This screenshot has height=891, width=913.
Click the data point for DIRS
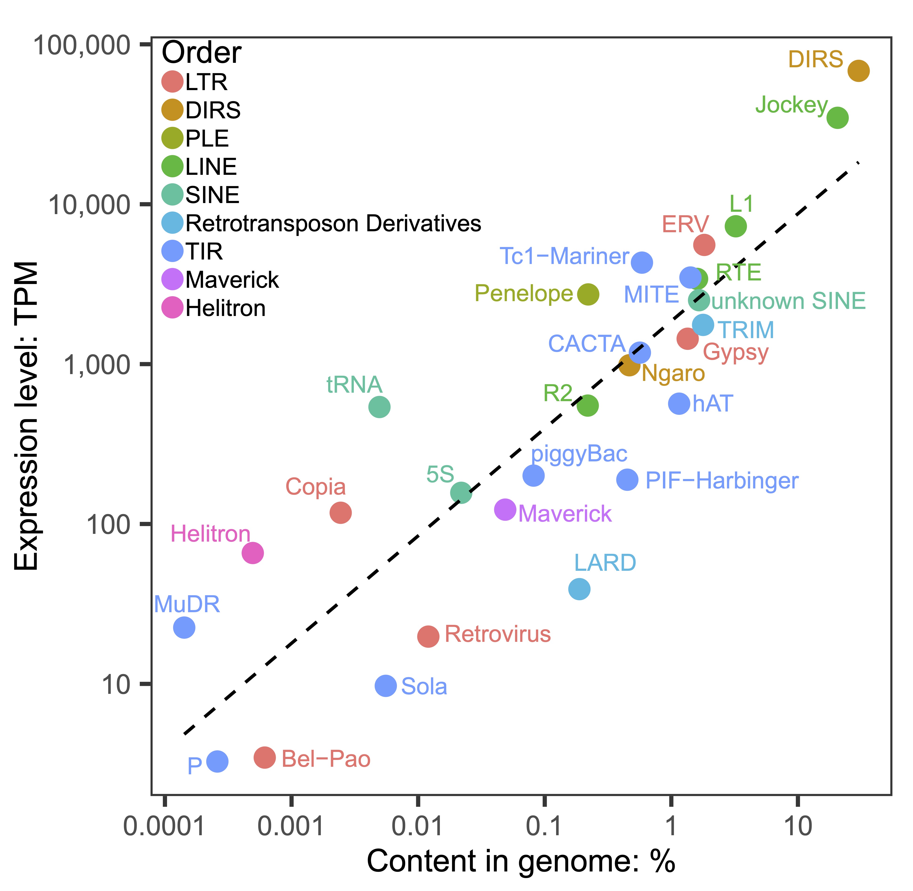tap(858, 71)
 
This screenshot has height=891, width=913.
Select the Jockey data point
tap(837, 117)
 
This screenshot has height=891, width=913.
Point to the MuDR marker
tap(184, 627)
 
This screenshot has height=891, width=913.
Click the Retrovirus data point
tap(428, 636)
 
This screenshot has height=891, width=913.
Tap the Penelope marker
tap(588, 294)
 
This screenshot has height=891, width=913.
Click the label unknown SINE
tap(788, 301)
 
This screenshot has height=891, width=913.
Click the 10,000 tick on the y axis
tap(89, 204)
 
